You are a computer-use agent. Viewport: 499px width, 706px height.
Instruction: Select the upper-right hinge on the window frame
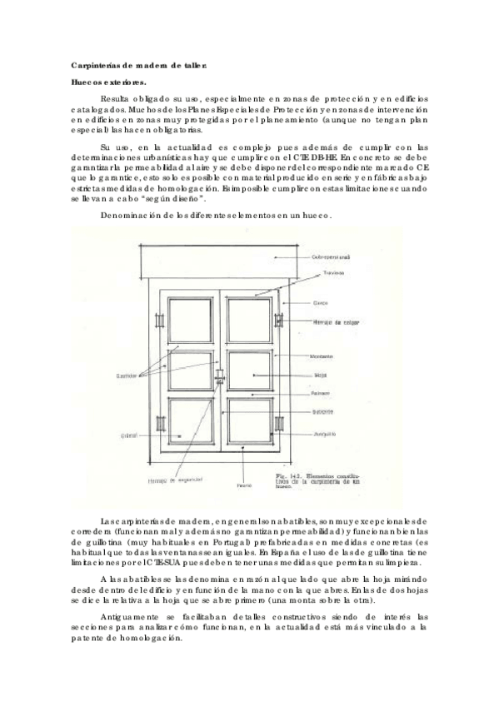pyautogui.click(x=279, y=321)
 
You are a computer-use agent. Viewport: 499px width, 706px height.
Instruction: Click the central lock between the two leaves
pyautogui.click(x=220, y=379)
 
